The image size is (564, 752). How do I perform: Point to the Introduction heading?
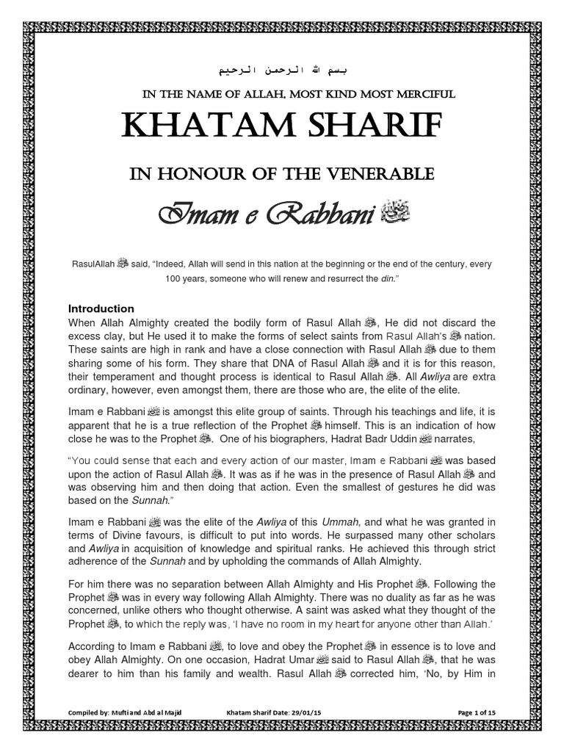101,308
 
